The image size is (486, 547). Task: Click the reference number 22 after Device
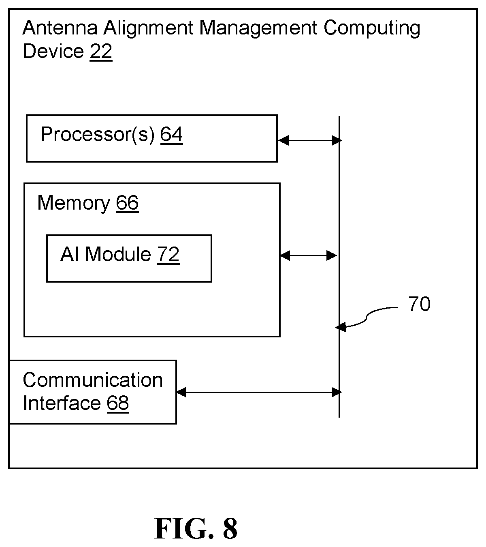(101, 51)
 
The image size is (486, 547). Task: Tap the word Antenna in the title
(60, 28)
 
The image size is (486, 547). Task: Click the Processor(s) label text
(98, 135)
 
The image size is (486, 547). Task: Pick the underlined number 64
(171, 135)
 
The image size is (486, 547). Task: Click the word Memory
(74, 204)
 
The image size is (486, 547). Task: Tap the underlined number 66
(127, 203)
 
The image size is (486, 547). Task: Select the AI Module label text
(105, 254)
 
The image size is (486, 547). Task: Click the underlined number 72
(168, 255)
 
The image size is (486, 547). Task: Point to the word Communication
(93, 380)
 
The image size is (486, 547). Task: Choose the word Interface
(62, 403)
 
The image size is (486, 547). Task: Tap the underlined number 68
(118, 403)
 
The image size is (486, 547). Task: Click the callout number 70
(419, 304)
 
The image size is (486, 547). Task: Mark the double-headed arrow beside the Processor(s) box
(309, 140)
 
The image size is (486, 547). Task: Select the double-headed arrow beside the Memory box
(309, 255)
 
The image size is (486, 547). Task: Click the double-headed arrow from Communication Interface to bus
(259, 392)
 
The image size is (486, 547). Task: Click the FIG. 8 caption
(196, 529)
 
